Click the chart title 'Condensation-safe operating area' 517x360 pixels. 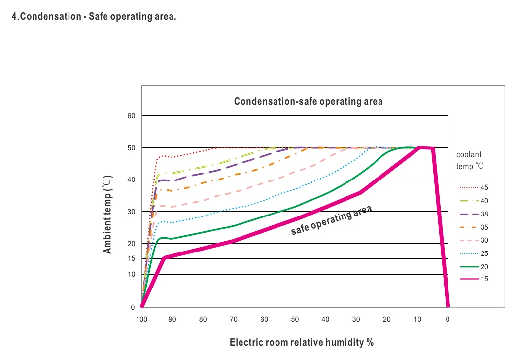[x=309, y=101]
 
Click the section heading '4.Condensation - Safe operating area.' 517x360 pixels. [x=94, y=16]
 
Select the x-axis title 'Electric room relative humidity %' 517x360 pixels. [x=302, y=343]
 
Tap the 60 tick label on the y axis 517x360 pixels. [x=131, y=116]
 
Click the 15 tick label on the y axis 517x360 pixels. [x=131, y=259]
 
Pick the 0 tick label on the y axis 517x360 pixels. [x=133, y=307]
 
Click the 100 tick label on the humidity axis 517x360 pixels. [x=142, y=319]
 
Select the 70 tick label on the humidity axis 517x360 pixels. [x=234, y=319]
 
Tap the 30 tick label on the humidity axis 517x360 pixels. [x=356, y=319]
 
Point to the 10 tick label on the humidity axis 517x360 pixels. [x=417, y=319]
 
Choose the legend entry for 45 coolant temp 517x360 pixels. [x=474, y=187]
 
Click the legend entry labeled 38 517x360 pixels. [x=474, y=214]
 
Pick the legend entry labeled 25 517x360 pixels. [x=474, y=254]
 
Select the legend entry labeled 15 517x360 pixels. [x=474, y=279]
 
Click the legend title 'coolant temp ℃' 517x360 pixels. [x=470, y=160]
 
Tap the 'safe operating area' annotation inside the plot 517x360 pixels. [x=331, y=220]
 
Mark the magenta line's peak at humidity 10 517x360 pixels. [x=419, y=148]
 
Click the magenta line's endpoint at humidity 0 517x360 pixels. [x=448, y=306]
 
